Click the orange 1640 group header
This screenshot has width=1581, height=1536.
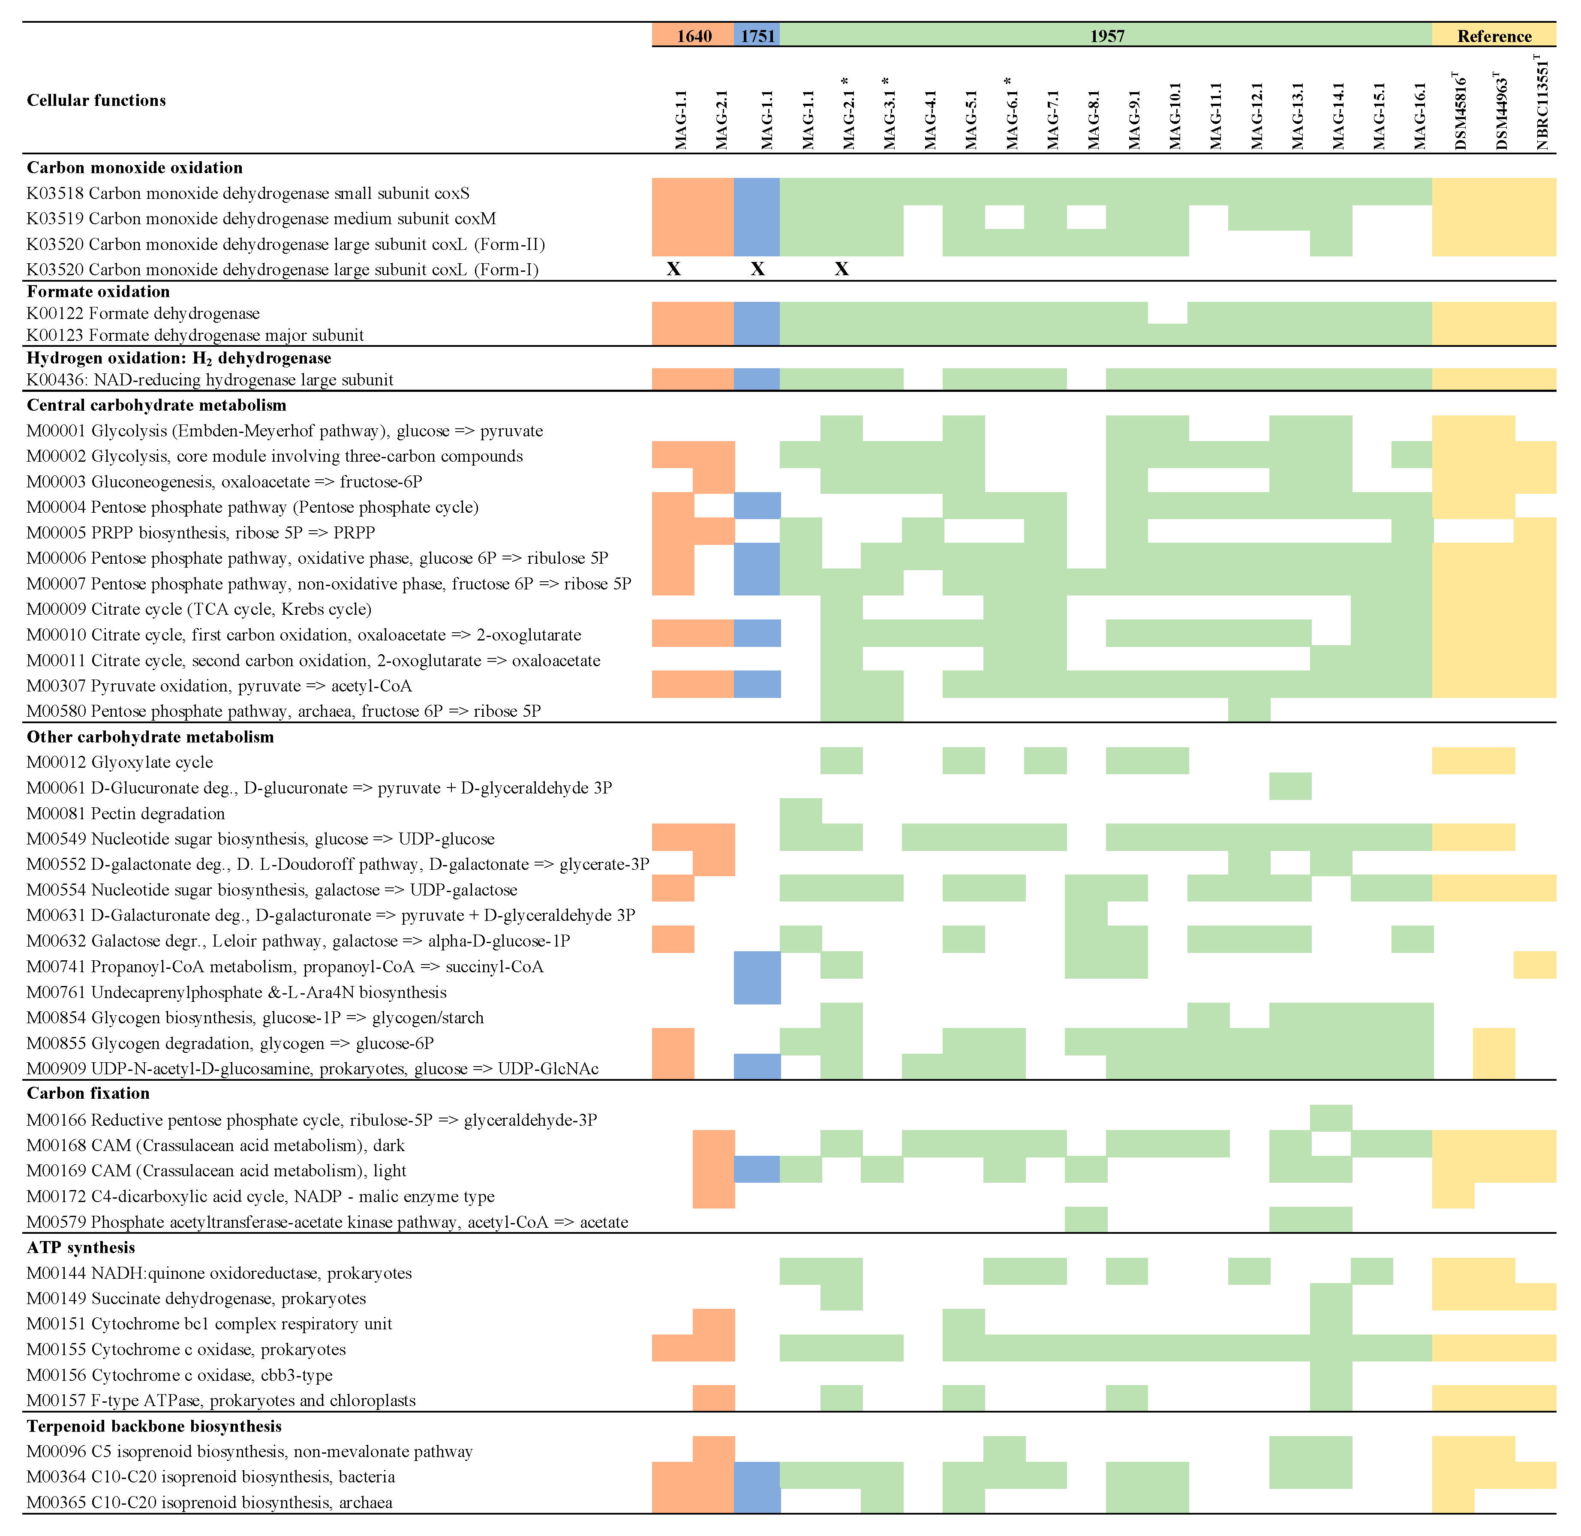tap(694, 36)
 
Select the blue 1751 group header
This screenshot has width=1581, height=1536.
tap(757, 36)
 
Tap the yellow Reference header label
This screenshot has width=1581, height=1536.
tap(1494, 36)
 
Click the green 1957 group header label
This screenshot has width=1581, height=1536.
tap(1107, 36)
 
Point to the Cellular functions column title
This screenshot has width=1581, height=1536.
tap(96, 100)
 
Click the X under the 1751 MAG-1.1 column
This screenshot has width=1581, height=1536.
tap(757, 269)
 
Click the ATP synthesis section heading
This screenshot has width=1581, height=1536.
tap(81, 1247)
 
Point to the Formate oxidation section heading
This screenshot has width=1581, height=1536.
tap(99, 291)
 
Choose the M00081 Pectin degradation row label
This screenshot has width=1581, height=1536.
tap(126, 813)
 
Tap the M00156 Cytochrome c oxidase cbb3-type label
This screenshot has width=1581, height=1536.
tap(179, 1375)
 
